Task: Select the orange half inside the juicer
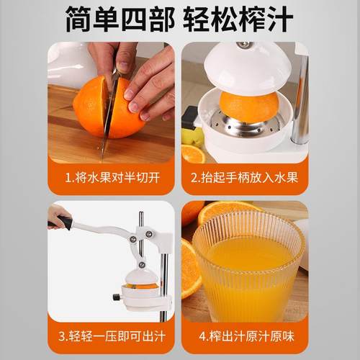pos(248,106)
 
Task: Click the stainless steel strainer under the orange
pos(248,130)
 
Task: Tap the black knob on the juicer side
pos(115,297)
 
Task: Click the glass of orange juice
pos(248,270)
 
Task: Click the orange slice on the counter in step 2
pos(193,153)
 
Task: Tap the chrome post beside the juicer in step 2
pos(301,101)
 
